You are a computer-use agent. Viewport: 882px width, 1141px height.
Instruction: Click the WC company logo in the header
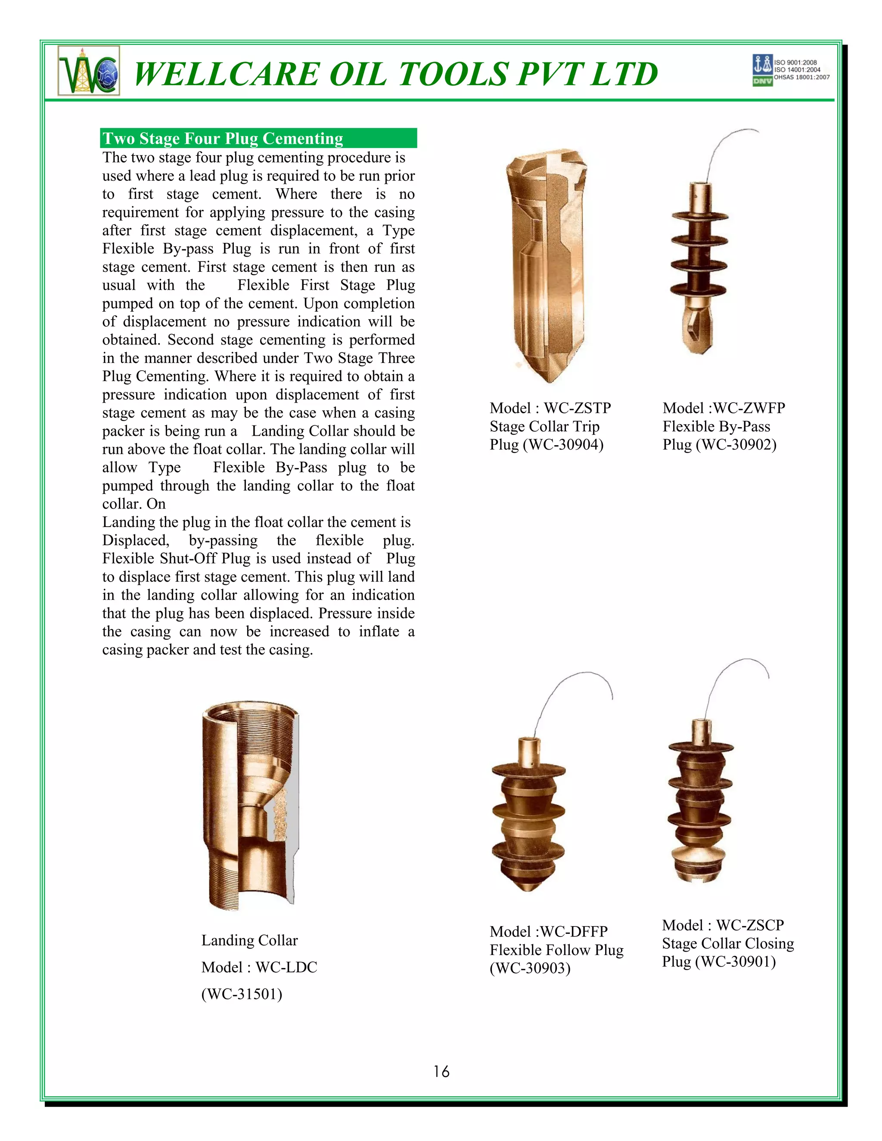[89, 71]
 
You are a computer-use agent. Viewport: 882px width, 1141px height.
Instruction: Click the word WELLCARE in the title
[225, 74]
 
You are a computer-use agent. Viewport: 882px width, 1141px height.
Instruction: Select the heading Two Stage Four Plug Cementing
[223, 139]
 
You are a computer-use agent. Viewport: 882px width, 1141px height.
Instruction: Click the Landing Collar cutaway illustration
[250, 805]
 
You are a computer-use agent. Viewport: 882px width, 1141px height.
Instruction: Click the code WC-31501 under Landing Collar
[242, 994]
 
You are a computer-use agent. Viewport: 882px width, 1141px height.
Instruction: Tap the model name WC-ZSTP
[578, 408]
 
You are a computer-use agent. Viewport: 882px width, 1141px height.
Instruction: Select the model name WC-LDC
[286, 967]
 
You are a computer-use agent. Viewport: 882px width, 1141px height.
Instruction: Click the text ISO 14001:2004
[797, 69]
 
